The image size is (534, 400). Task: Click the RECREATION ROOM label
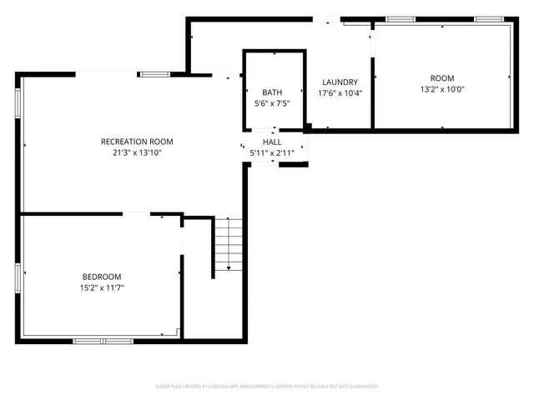137,142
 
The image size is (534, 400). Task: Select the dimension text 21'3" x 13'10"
137,152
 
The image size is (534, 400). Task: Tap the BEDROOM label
102,277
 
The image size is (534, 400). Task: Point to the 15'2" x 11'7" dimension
102,287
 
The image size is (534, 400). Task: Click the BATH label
272,92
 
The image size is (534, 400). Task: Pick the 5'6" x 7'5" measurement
272,103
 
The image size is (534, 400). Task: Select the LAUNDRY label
340,82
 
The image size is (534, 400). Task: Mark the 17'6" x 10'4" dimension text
340,92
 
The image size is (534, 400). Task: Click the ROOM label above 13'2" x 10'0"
442,77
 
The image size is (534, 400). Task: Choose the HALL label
272,142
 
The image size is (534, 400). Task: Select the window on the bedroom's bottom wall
103,340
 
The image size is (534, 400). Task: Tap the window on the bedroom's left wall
17,277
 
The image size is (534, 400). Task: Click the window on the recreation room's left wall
17,101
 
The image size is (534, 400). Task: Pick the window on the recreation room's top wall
155,74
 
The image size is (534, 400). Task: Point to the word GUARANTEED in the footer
362,387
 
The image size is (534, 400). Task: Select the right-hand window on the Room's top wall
487,18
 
